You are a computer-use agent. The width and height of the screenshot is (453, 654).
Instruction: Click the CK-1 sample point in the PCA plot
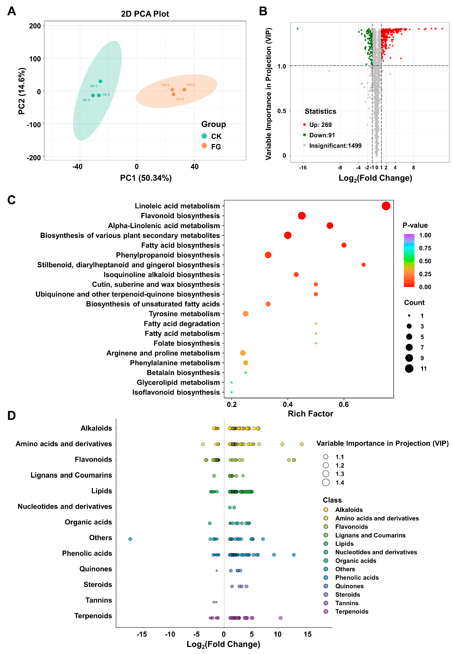[x=100, y=81]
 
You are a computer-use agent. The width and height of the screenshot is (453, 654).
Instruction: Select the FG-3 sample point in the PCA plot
[x=184, y=89]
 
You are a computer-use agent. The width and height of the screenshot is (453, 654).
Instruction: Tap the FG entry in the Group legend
[x=216, y=147]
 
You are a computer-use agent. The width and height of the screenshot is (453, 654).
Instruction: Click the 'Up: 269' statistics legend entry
[x=320, y=125]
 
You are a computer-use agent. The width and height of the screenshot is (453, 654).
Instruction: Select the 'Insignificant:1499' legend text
[x=335, y=146]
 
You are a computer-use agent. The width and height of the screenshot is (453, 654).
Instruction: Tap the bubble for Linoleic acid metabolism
[x=386, y=206]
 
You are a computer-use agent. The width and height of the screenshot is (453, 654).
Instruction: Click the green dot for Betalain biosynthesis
[x=246, y=372]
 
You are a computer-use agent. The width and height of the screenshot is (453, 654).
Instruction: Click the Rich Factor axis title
[x=310, y=414]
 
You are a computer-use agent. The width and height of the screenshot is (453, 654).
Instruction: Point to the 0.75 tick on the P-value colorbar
[x=425, y=248]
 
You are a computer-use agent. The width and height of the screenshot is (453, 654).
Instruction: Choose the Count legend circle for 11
[x=409, y=368]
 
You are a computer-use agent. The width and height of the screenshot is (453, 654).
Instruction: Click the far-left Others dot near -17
[x=130, y=539]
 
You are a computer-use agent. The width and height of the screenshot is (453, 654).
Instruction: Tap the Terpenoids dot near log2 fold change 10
[x=280, y=618]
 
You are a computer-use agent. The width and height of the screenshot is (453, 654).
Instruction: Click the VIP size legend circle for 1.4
[x=326, y=482]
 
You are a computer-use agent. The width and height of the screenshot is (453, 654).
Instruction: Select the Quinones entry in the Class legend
[x=349, y=586]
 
